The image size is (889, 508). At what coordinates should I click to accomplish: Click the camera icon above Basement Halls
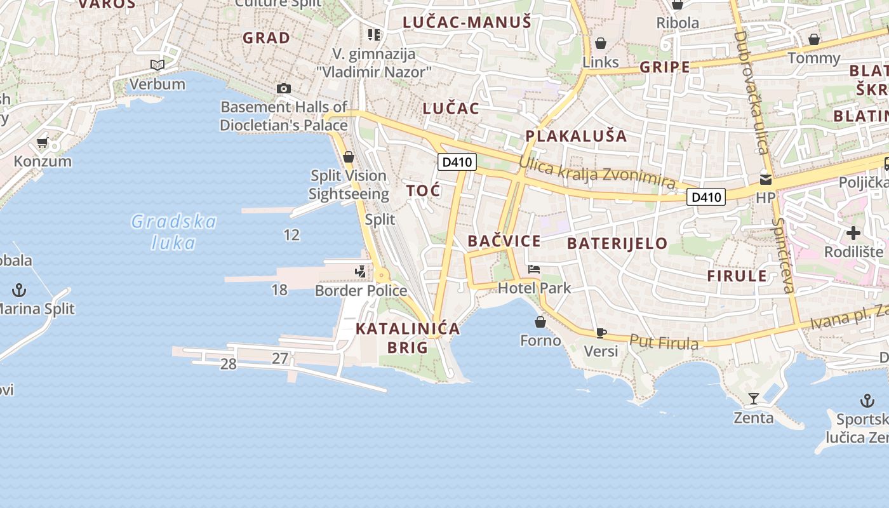(284, 88)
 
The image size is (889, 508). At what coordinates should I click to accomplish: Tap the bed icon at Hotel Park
(534, 269)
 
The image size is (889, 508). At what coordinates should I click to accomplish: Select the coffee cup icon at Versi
(601, 332)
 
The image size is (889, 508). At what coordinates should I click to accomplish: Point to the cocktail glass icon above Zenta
(754, 399)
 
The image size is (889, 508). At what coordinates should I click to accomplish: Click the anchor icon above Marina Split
(20, 290)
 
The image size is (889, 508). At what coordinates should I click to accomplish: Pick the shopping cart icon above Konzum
(43, 142)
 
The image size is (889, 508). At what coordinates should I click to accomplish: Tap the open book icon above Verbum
(157, 65)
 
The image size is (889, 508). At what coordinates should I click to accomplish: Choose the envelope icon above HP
(766, 179)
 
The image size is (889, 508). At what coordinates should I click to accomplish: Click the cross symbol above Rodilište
(853, 232)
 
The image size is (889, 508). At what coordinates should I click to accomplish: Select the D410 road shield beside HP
(706, 197)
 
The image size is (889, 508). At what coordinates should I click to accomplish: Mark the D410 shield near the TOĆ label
(457, 162)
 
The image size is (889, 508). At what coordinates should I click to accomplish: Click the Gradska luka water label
(173, 232)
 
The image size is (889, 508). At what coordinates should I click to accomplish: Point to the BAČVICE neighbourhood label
(504, 241)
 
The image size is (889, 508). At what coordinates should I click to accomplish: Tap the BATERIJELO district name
(617, 243)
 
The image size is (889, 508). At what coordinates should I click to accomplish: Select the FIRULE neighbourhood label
(737, 276)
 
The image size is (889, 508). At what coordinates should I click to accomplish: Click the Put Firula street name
(664, 342)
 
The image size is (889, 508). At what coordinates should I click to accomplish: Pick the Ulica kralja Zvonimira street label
(597, 171)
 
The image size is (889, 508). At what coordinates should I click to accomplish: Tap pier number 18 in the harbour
(279, 290)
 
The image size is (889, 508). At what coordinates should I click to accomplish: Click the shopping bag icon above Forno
(540, 322)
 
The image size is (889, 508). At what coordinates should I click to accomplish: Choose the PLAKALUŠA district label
(576, 136)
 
